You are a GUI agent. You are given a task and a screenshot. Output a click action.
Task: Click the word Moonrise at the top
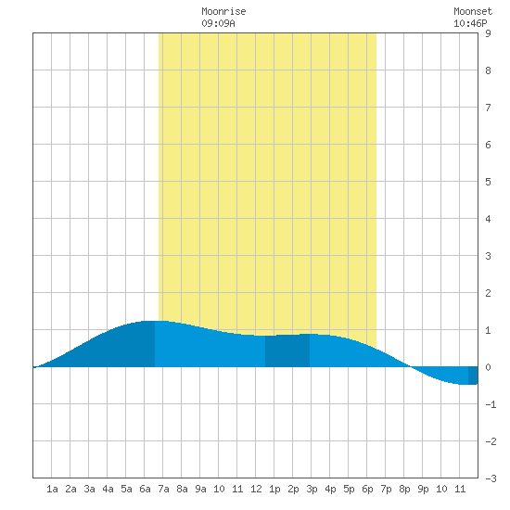223,11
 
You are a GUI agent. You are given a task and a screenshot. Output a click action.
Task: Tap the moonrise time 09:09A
218,23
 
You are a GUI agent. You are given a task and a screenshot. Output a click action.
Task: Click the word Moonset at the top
473,11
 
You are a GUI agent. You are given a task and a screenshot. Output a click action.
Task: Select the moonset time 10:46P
470,23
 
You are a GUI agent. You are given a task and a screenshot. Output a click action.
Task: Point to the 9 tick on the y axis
488,33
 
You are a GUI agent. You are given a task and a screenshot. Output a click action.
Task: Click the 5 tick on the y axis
488,182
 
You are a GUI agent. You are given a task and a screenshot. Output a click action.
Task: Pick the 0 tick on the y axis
488,367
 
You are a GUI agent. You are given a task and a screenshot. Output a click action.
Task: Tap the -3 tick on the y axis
491,478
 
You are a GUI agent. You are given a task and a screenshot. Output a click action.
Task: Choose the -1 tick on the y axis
491,404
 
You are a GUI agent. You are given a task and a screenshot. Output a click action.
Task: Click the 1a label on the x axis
52,489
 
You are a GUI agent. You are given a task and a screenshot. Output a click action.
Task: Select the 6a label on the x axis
145,489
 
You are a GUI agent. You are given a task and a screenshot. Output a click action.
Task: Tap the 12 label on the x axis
256,489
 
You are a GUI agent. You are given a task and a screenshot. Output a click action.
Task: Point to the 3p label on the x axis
312,489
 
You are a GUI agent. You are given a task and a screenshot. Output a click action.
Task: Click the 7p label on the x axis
386,489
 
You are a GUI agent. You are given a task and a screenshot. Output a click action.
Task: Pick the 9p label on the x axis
423,489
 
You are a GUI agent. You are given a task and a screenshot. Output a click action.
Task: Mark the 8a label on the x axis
182,489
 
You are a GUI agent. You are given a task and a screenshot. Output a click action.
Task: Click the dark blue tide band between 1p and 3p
287,351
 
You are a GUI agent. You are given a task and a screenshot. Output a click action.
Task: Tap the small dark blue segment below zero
473,376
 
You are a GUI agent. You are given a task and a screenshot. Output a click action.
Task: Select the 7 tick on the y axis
488,108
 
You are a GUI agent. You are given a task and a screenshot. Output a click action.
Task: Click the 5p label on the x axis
349,489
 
